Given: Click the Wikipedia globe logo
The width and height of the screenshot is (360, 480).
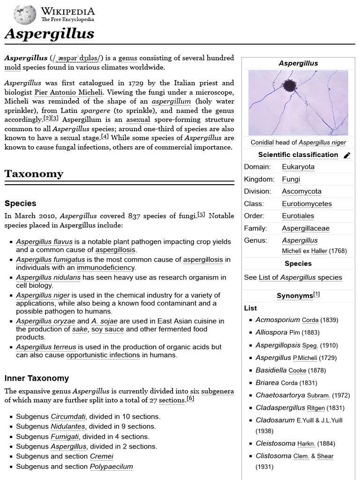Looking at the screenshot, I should click(25, 15).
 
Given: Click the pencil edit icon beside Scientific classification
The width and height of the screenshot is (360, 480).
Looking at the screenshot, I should click(347, 155).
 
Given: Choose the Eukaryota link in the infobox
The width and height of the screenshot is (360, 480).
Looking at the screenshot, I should click(298, 167).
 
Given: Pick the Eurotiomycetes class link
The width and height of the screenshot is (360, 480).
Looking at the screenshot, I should click(307, 204).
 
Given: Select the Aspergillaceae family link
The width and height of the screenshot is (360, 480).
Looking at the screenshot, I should click(306, 228).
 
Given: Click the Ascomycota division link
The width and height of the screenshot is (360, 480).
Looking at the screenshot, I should click(301, 191).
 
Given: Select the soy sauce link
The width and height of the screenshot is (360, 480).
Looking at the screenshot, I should click(107, 329).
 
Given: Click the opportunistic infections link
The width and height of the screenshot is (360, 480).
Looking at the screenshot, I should click(103, 355).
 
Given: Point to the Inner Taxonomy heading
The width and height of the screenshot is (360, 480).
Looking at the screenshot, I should click(37, 378).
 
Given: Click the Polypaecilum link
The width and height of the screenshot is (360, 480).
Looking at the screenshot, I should click(111, 466).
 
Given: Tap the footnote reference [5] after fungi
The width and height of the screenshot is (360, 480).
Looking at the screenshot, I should click(201, 215).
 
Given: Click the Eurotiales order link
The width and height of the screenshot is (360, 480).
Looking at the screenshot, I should click(298, 216).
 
